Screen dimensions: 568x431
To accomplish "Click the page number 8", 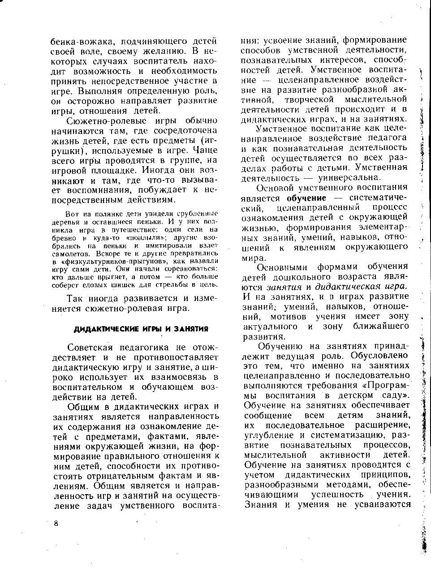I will pyautogui.click(x=55, y=525).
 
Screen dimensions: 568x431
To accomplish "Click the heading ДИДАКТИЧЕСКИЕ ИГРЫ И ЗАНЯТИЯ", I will pyautogui.click(x=141, y=329).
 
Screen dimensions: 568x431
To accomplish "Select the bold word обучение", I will pyautogui.click(x=307, y=198).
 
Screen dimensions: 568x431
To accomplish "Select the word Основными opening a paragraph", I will pyautogui.click(x=283, y=267).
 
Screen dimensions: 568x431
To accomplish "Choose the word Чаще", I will pyautogui.click(x=206, y=151).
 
